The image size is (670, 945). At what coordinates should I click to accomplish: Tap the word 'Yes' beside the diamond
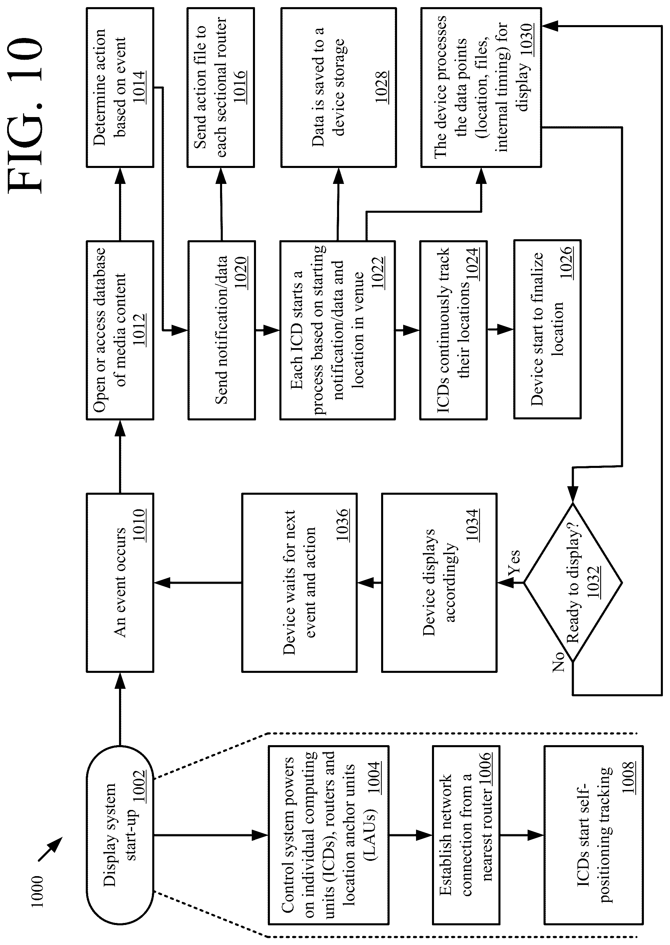tap(514, 563)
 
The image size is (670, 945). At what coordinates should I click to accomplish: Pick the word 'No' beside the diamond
tap(558, 662)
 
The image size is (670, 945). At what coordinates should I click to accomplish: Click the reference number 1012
tap(139, 330)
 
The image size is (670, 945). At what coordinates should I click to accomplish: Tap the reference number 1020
tap(240, 272)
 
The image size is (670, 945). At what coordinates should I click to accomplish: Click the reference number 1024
tap(472, 264)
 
